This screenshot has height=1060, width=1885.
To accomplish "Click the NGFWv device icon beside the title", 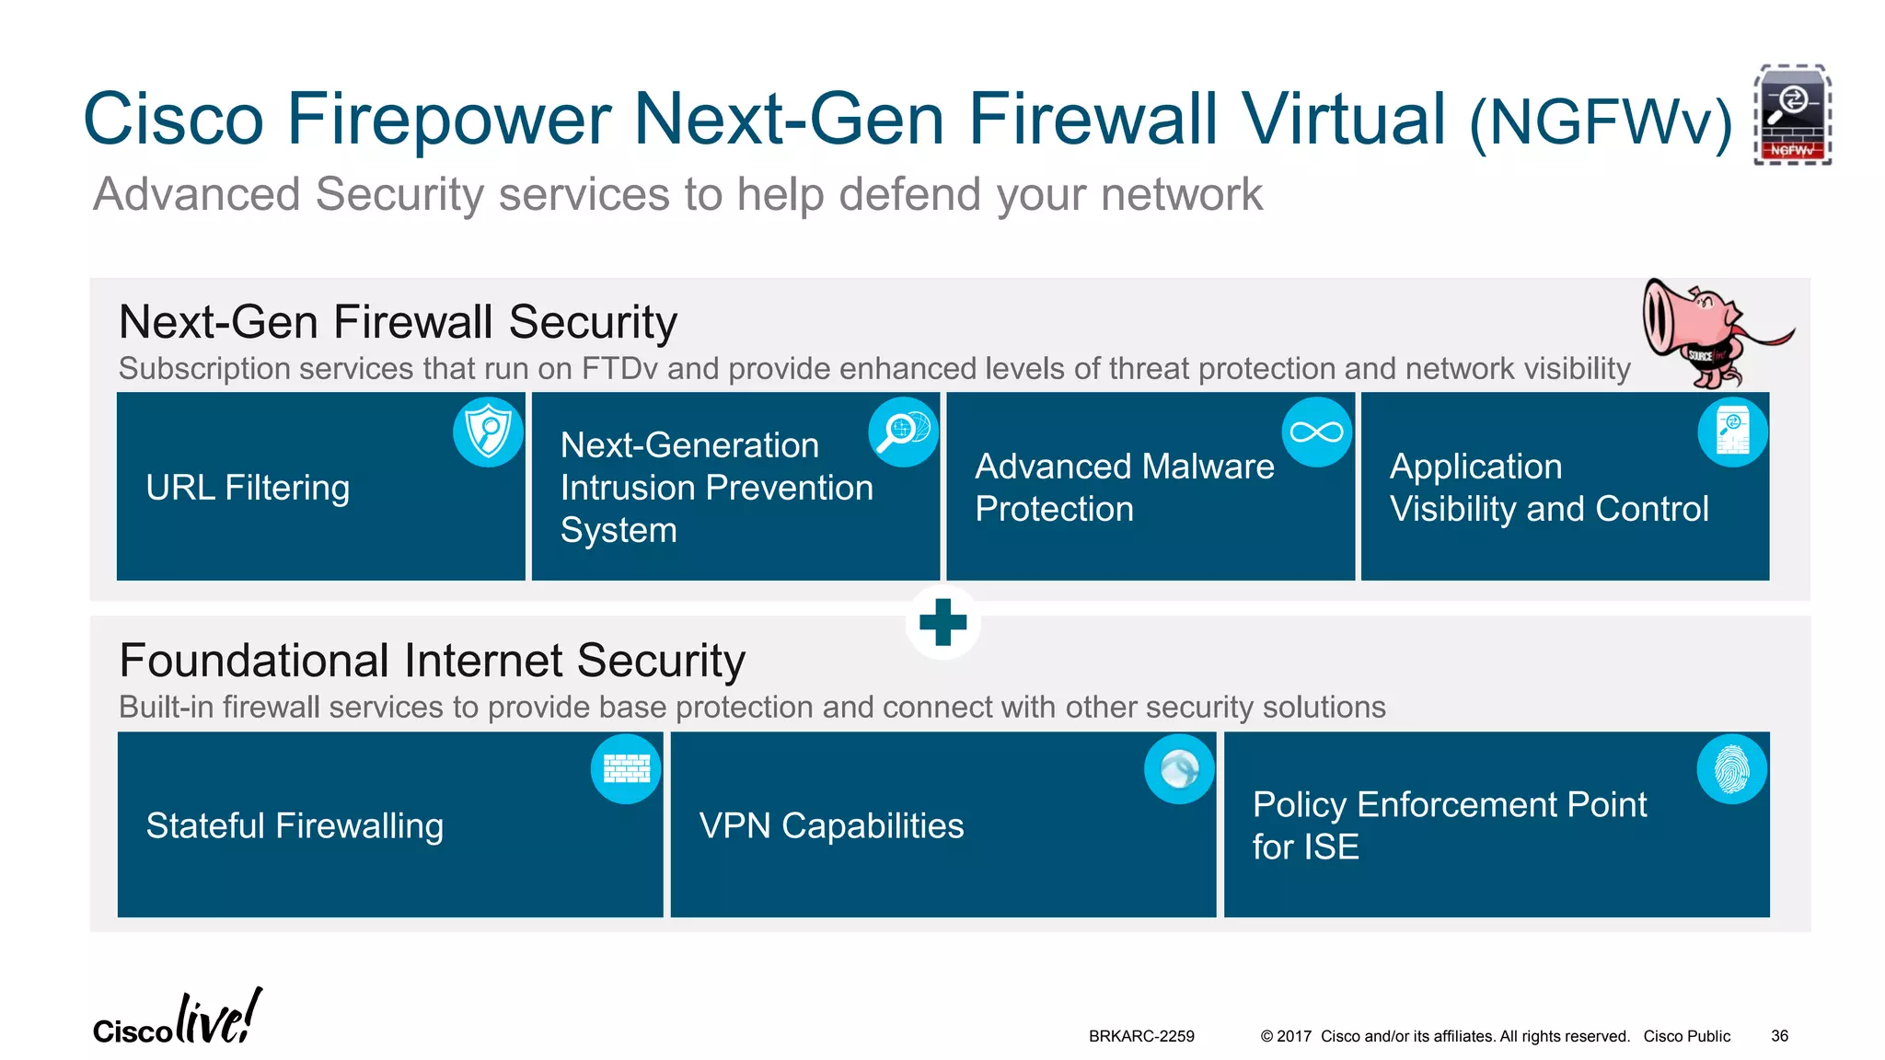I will point(1791,115).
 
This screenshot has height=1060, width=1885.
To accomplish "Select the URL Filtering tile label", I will point(248,488).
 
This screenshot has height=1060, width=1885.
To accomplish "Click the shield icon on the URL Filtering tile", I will point(488,432).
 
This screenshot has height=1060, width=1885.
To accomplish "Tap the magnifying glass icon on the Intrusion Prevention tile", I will point(903,432).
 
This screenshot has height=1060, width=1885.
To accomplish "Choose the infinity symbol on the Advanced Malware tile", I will point(1316,432).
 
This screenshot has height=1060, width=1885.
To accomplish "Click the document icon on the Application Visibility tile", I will point(1732,432).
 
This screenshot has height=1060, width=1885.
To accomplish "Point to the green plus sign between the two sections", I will point(942,623).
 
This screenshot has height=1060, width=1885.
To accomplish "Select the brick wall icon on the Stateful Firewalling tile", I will point(626,769).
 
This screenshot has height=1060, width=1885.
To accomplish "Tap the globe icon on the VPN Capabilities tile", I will point(1179,769).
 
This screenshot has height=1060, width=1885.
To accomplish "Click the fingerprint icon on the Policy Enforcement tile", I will point(1731,769).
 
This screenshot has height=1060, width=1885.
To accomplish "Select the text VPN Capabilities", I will point(831,826).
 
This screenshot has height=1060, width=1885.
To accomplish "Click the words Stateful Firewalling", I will point(295,826).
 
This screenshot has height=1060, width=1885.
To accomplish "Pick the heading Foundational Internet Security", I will point(432,661).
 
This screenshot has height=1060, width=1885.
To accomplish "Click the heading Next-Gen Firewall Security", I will point(398,322).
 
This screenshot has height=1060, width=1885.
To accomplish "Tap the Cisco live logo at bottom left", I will point(177,1020).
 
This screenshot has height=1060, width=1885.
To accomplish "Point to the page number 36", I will point(1779,1036).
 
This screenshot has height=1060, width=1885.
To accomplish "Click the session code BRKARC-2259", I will point(1141,1036).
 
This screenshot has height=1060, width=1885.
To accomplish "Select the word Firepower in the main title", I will point(448,120).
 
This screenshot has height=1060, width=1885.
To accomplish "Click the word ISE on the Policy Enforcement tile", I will point(1331,847).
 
